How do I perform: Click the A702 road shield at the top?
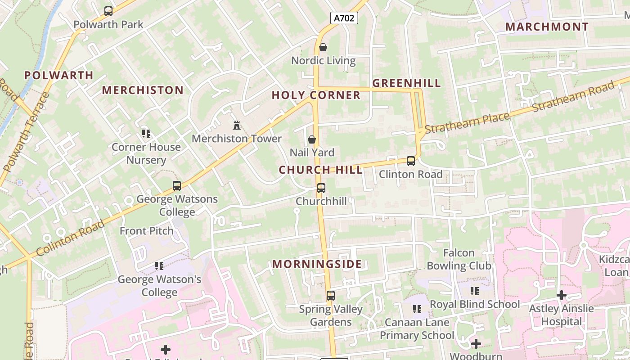pos(344,18)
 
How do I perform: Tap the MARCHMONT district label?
pos(547,27)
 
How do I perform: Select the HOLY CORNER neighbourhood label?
pos(316,95)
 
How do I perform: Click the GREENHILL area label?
pos(406,83)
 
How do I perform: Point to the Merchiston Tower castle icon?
pos(237,125)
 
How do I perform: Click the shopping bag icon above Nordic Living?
pos(323,47)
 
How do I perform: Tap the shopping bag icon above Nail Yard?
pos(311,140)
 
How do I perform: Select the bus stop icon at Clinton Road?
pos(410,161)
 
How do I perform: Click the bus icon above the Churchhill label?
pos(321,188)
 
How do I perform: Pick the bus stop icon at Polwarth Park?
pos(108,11)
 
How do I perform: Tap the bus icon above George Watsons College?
pos(177,185)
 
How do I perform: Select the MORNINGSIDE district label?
pos(317,264)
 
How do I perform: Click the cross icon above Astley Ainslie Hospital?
pos(561,295)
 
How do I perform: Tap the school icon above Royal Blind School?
pos(474,291)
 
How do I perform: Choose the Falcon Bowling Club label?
pos(459,259)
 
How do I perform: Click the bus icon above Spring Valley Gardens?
pos(331,296)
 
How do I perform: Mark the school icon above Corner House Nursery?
pos(146,134)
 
